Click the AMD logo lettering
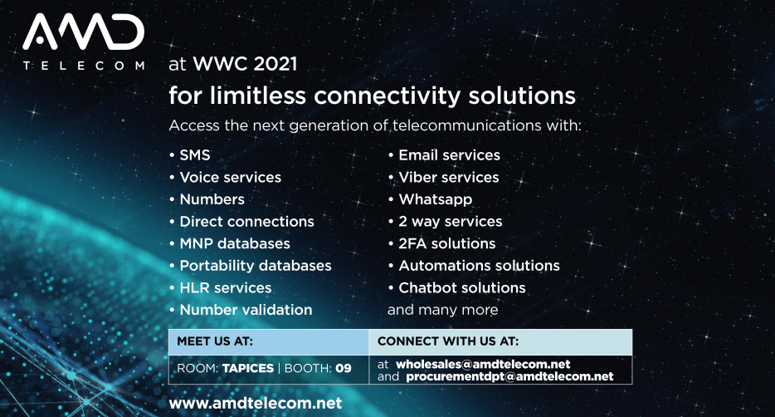[84, 32]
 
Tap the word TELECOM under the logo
[84, 66]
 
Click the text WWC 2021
[245, 64]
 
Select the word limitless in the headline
[257, 95]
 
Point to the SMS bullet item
[195, 155]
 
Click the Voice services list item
[231, 177]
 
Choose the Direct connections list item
[246, 221]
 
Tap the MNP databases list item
[235, 243]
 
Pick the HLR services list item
[226, 287]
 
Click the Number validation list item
[246, 310]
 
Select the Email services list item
[449, 155]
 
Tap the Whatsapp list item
[436, 199]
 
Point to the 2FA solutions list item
[446, 243]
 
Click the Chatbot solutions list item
[462, 287]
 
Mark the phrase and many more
[443, 310]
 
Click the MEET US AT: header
[215, 341]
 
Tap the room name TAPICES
[247, 368]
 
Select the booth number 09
[344, 368]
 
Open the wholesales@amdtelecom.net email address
[483, 365]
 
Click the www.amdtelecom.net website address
[255, 403]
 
